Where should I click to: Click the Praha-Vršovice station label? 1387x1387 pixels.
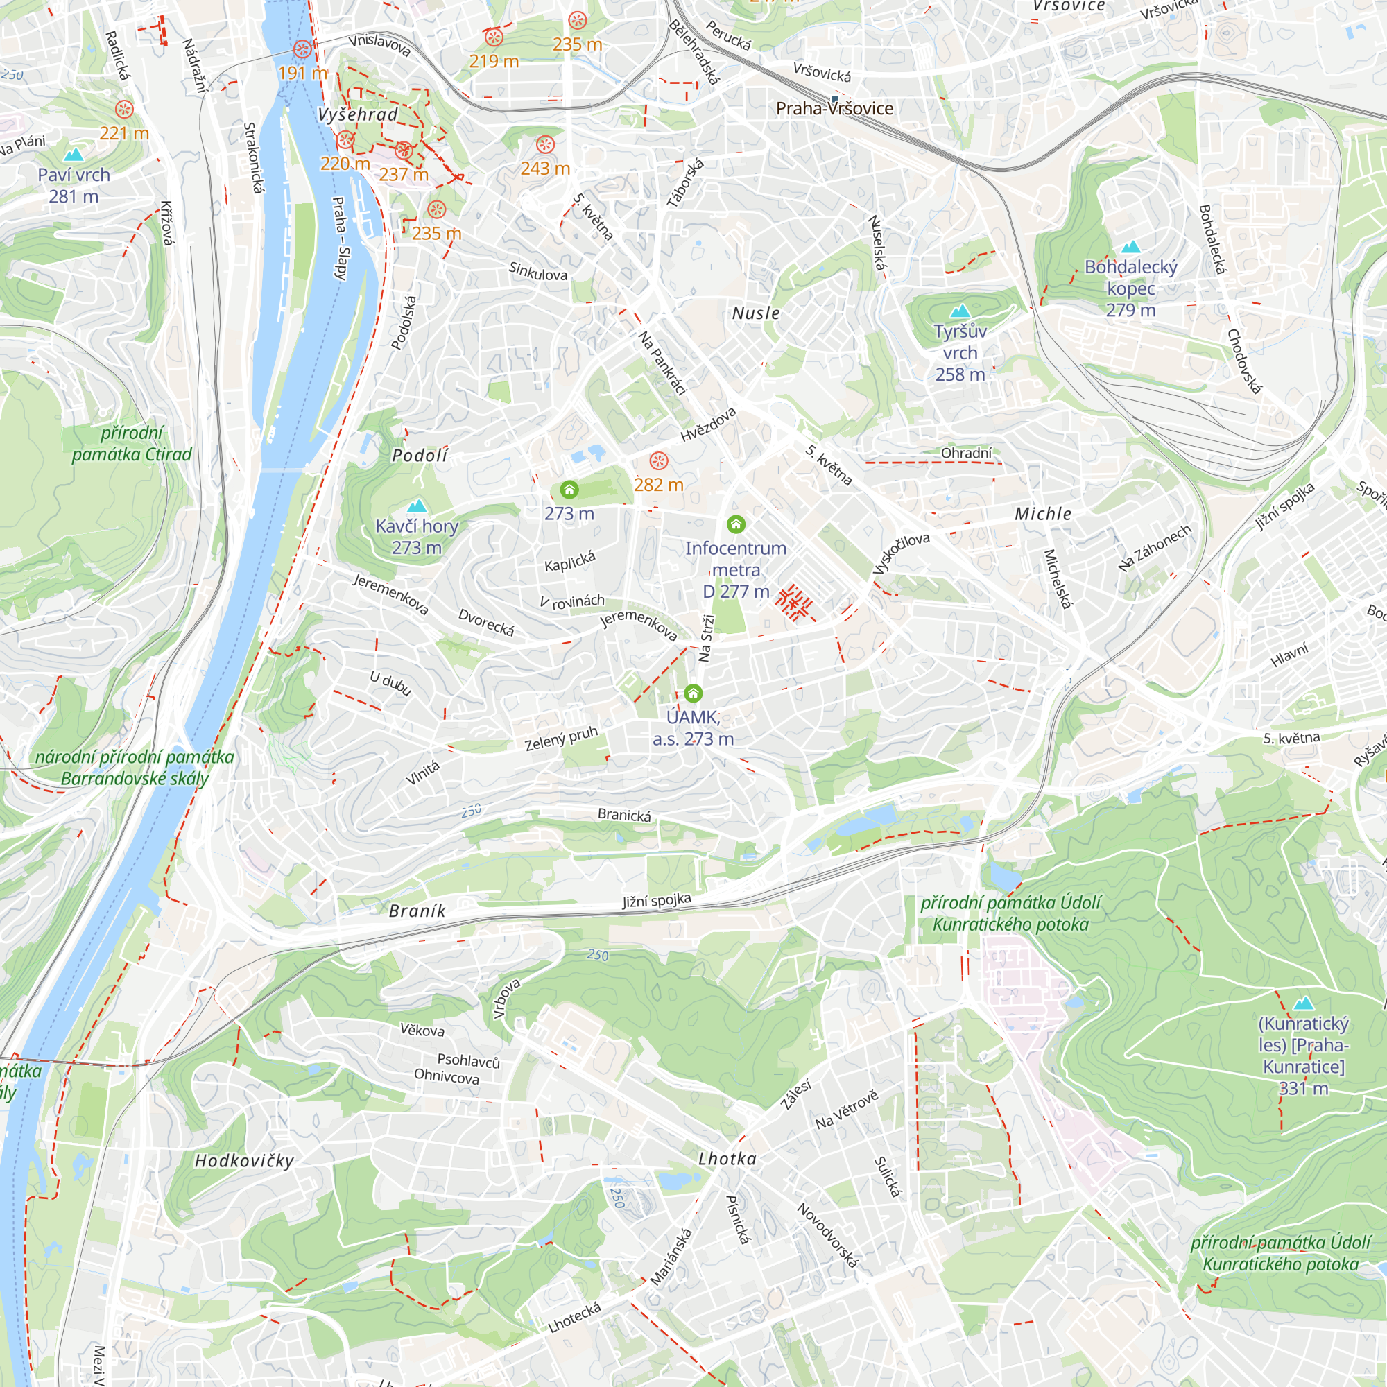click(x=834, y=108)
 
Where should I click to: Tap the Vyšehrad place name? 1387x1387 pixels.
click(x=358, y=115)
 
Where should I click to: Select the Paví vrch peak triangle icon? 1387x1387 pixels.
click(x=74, y=155)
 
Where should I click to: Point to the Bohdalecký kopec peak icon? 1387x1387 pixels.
click(x=1130, y=247)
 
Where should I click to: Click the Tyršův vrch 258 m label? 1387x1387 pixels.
click(x=960, y=352)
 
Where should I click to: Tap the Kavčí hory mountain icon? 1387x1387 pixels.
click(x=416, y=506)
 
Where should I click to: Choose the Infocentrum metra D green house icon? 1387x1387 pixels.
click(x=736, y=524)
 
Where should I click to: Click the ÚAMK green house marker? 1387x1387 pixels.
click(x=693, y=693)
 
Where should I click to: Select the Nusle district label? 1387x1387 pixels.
click(x=756, y=313)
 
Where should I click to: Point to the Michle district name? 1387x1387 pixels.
click(x=1042, y=514)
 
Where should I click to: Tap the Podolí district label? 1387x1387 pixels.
click(x=420, y=455)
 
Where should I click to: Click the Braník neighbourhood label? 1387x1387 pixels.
click(x=417, y=911)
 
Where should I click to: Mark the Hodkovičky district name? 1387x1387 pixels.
click(x=244, y=1161)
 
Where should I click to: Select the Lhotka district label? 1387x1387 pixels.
click(x=727, y=1159)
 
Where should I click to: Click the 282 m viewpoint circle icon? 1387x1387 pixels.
click(x=658, y=461)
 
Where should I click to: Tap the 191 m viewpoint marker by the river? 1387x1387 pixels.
click(x=303, y=49)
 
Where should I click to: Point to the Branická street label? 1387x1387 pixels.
click(x=624, y=815)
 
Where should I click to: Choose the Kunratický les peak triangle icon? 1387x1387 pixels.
click(x=1303, y=1003)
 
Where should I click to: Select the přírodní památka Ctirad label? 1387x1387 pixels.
click(x=131, y=444)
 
